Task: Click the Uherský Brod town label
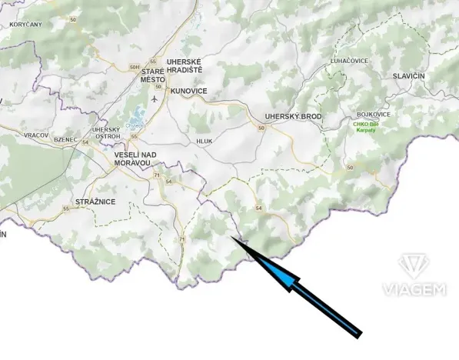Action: tap(293, 116)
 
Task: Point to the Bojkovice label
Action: tap(374, 115)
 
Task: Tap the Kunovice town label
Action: tap(189, 91)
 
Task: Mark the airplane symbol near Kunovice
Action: tap(155, 98)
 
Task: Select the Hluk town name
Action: tap(204, 142)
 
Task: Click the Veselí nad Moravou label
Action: tap(135, 159)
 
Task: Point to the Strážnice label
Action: tap(95, 202)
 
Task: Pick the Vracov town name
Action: tap(36, 135)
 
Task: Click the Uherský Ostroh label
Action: tap(105, 132)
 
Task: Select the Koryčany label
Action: tap(26, 25)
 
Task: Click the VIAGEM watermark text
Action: tap(414, 289)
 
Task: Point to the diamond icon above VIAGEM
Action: tap(414, 266)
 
